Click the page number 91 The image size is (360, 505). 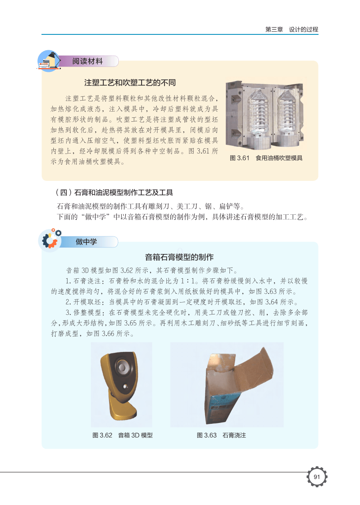coord(316,477)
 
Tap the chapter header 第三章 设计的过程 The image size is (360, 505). coord(292,30)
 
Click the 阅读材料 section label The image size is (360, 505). coord(87,61)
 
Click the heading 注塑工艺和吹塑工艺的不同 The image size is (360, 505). coord(130,83)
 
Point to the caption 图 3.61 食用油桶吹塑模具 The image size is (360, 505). coord(266,158)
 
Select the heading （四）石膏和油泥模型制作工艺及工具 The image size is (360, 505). coord(114,193)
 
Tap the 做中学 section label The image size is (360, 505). coord(86,242)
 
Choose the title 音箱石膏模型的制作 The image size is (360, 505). coord(179,257)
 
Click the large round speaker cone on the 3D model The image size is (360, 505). coord(122,367)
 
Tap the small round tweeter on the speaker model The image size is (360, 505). coord(125,386)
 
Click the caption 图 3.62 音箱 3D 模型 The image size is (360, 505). coord(123,435)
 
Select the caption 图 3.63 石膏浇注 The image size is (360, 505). coord(221,435)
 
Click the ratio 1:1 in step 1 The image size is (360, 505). coord(187,281)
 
